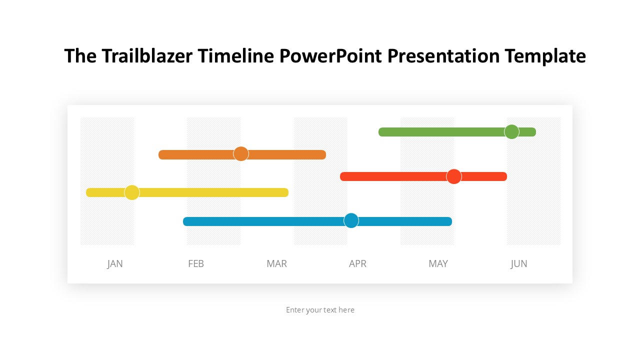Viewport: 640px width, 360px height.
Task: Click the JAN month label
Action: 115,263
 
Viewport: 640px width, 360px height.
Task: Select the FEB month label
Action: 196,263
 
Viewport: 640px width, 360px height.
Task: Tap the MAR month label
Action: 276,263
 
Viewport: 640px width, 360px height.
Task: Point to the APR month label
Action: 357,263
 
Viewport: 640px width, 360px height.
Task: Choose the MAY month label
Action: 438,263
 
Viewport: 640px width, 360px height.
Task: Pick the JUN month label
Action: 519,263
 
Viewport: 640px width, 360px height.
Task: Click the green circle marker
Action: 511,131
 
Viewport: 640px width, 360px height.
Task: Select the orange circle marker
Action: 241,153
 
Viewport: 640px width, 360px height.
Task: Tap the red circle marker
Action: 453,176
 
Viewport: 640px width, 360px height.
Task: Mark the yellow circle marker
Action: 132,192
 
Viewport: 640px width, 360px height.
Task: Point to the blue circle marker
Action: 351,220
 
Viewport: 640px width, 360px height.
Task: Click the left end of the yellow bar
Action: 86,192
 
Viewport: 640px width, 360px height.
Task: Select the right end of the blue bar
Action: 451,221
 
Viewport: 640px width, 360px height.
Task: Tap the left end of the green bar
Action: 379,132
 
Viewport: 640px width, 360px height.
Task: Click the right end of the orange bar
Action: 325,154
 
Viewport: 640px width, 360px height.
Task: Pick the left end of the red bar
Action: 340,176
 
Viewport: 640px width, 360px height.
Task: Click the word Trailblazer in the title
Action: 147,55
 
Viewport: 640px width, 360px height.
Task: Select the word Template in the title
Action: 545,56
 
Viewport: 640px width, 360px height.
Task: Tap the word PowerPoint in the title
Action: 330,55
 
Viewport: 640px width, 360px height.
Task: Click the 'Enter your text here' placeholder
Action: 320,310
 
